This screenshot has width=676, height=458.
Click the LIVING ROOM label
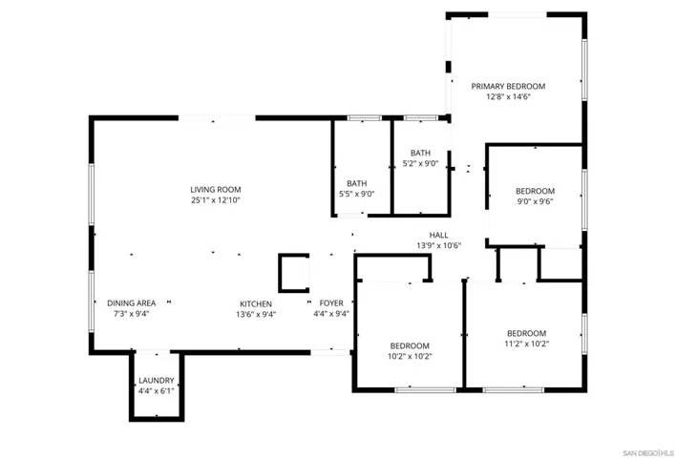click(216, 190)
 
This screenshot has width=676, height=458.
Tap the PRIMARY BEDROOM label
click(508, 86)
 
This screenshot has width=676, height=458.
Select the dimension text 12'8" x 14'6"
click(508, 97)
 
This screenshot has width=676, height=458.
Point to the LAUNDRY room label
click(156, 381)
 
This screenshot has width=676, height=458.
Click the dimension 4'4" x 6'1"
click(156, 391)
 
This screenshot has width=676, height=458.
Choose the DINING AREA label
click(132, 303)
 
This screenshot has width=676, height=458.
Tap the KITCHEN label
click(256, 303)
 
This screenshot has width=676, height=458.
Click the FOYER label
click(331, 303)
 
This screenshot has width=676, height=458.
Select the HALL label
click(438, 236)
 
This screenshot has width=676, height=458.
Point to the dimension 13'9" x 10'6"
click(438, 246)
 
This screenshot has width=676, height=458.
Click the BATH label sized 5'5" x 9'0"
click(356, 183)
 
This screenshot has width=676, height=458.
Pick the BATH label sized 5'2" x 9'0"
click(420, 153)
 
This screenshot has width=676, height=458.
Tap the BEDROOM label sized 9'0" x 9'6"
click(535, 191)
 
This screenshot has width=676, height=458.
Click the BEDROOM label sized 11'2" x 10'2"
click(526, 334)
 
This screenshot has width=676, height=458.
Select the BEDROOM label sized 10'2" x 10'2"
click(410, 346)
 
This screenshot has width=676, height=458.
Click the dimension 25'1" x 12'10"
click(216, 200)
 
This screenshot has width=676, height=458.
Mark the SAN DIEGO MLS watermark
click(648, 453)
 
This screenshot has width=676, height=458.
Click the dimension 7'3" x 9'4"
click(132, 314)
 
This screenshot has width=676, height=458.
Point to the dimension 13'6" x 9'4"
click(256, 315)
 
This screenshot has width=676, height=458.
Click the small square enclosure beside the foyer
click(280, 273)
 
